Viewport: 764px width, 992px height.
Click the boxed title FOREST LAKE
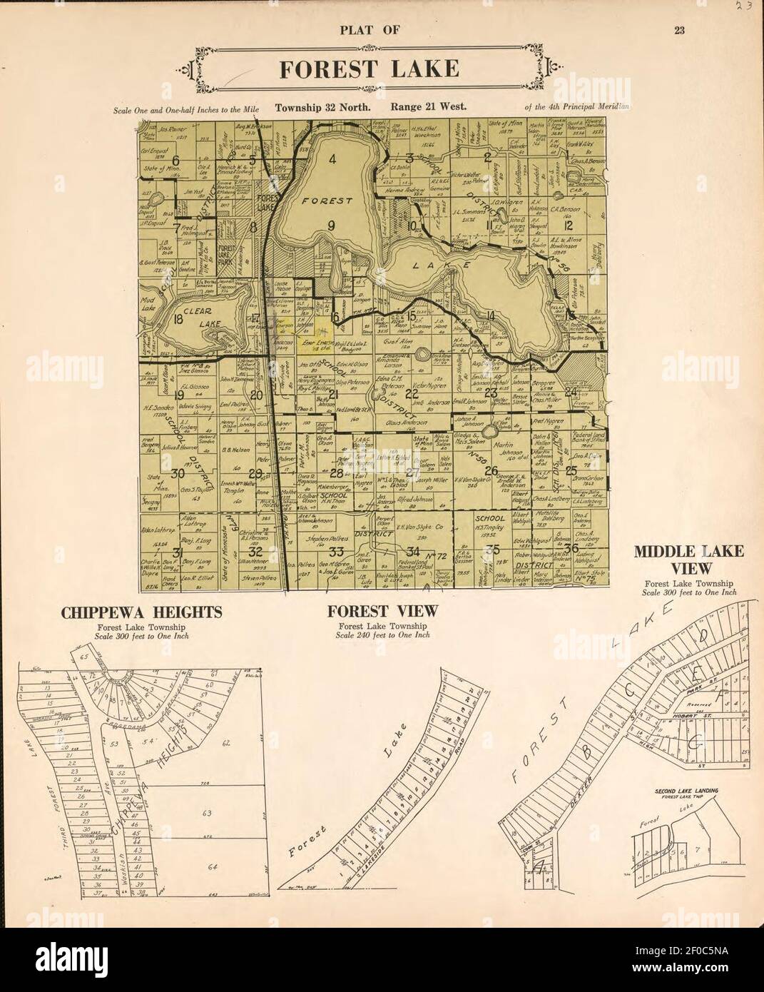tap(368, 69)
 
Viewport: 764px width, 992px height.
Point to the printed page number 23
tap(678, 30)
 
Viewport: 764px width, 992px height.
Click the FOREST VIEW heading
tap(382, 612)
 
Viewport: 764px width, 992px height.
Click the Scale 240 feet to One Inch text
tap(382, 634)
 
